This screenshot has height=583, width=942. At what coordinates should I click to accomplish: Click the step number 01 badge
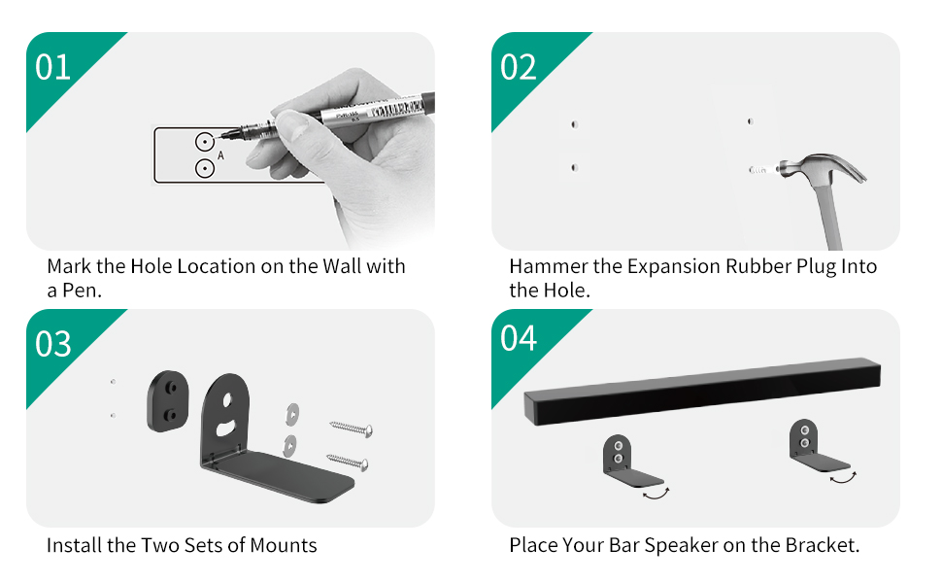click(53, 68)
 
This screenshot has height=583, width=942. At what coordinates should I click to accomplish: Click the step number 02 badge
click(519, 68)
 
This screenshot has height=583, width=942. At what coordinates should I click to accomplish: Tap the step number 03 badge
click(53, 344)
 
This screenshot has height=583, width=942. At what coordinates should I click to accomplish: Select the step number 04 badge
click(519, 339)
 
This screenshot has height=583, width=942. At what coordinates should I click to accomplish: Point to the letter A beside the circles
click(221, 155)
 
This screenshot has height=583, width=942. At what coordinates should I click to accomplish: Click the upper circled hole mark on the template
click(204, 141)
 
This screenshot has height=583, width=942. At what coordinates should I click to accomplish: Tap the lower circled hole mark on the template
click(204, 169)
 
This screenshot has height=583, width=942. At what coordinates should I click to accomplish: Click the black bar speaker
click(701, 393)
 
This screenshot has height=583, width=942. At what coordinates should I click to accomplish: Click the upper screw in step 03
click(352, 428)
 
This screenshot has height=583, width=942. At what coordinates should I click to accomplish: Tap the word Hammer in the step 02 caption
click(545, 266)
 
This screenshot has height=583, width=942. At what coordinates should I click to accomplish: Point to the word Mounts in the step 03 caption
click(283, 545)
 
